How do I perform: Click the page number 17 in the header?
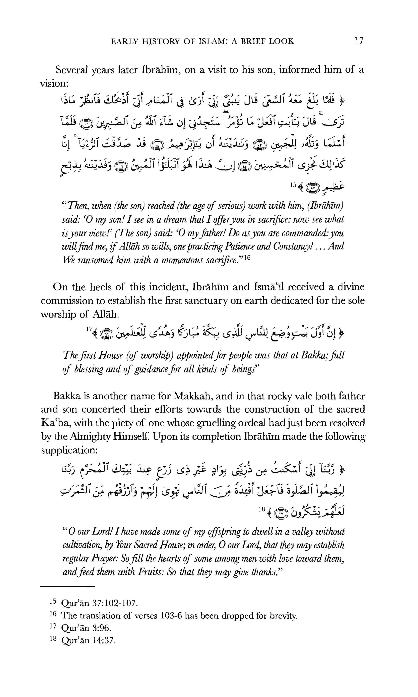(x=359, y=41)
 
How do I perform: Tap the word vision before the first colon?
(x=52, y=83)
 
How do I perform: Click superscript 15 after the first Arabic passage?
(x=293, y=185)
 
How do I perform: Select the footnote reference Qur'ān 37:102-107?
(x=99, y=603)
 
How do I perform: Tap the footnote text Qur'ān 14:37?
(x=88, y=640)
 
